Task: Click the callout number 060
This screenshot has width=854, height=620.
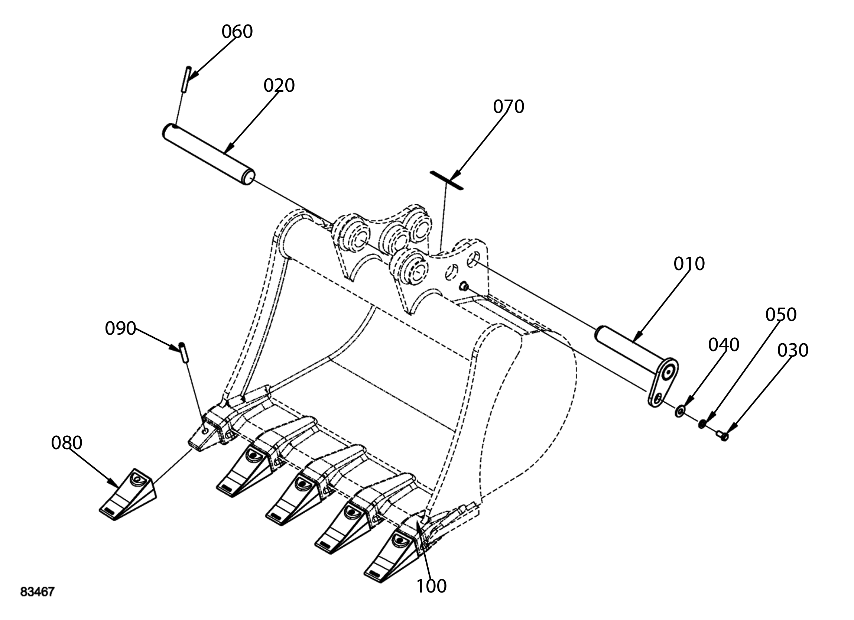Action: click(x=237, y=32)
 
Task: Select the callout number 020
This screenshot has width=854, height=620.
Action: click(x=279, y=86)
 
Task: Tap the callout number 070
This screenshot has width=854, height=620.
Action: click(x=509, y=107)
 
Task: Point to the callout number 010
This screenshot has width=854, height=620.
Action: click(x=689, y=264)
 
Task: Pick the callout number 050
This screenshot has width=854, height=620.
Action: click(x=781, y=315)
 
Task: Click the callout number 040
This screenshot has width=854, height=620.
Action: click(x=724, y=345)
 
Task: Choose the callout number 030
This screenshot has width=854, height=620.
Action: click(x=793, y=351)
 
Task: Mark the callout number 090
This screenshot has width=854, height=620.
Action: click(x=120, y=328)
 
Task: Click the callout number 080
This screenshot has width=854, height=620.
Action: click(x=66, y=443)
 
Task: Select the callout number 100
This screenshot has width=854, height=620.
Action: click(x=431, y=586)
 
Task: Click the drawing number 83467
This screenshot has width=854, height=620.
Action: click(x=37, y=592)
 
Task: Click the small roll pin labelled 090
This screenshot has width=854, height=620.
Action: click(x=184, y=353)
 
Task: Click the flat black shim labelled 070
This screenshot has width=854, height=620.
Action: click(x=447, y=181)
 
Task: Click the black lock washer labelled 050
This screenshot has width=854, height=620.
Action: click(x=702, y=424)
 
